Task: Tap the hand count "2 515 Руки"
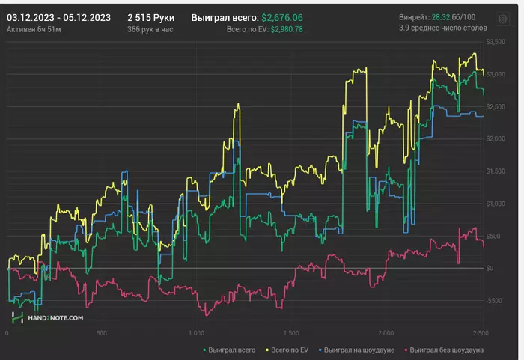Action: (150, 16)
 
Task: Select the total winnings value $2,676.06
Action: (282, 16)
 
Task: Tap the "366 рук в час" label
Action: (150, 29)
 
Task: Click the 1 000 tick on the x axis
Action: (196, 333)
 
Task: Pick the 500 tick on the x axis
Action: (102, 333)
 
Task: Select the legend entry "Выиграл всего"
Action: (231, 349)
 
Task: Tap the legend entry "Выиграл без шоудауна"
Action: (445, 349)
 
